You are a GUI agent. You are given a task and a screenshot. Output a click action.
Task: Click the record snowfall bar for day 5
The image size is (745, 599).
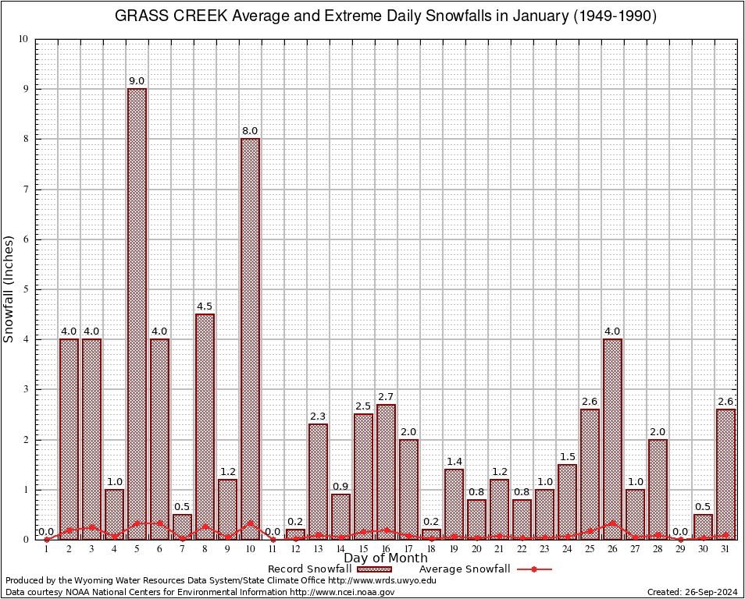[137, 312]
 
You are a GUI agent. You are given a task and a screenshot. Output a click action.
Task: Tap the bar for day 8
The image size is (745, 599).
[205, 425]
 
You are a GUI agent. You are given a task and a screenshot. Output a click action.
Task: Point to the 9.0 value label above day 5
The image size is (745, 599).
[137, 81]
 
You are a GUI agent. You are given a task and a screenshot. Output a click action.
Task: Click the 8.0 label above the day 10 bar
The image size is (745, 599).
[250, 131]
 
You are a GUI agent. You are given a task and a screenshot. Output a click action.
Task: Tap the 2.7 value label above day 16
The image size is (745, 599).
[386, 397]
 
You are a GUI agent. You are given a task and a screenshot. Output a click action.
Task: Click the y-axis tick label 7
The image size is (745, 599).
[26, 190]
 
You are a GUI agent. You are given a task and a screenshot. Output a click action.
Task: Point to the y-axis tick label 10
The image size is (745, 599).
[23, 39]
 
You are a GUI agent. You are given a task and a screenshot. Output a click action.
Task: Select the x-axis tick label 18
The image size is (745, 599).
[431, 549]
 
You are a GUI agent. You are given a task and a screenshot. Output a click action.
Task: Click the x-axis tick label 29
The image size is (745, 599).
[680, 549]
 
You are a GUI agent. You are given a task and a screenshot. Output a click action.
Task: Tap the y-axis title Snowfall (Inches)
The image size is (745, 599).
[9, 289]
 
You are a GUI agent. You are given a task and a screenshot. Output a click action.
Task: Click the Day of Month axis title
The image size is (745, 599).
[386, 558]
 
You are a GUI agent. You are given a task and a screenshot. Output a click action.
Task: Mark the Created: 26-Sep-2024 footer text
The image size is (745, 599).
[692, 593]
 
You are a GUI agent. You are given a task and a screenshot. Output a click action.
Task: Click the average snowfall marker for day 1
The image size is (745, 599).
[46, 539]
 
